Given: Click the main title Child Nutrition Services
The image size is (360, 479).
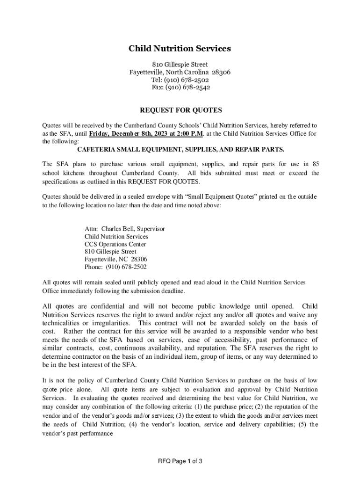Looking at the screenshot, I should coord(180,49).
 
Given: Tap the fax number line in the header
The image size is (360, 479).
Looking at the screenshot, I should coord(180,87).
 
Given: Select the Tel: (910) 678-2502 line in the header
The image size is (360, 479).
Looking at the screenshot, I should coord(180,80).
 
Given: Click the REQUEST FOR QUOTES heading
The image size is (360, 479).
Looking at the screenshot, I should coord(180,110).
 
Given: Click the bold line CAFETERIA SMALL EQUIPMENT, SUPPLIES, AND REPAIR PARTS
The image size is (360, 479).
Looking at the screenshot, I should coord(180,149).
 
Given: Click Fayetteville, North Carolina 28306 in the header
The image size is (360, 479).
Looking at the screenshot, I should coord(180,73).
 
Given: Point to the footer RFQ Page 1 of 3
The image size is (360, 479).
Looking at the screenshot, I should coord(180,462).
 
